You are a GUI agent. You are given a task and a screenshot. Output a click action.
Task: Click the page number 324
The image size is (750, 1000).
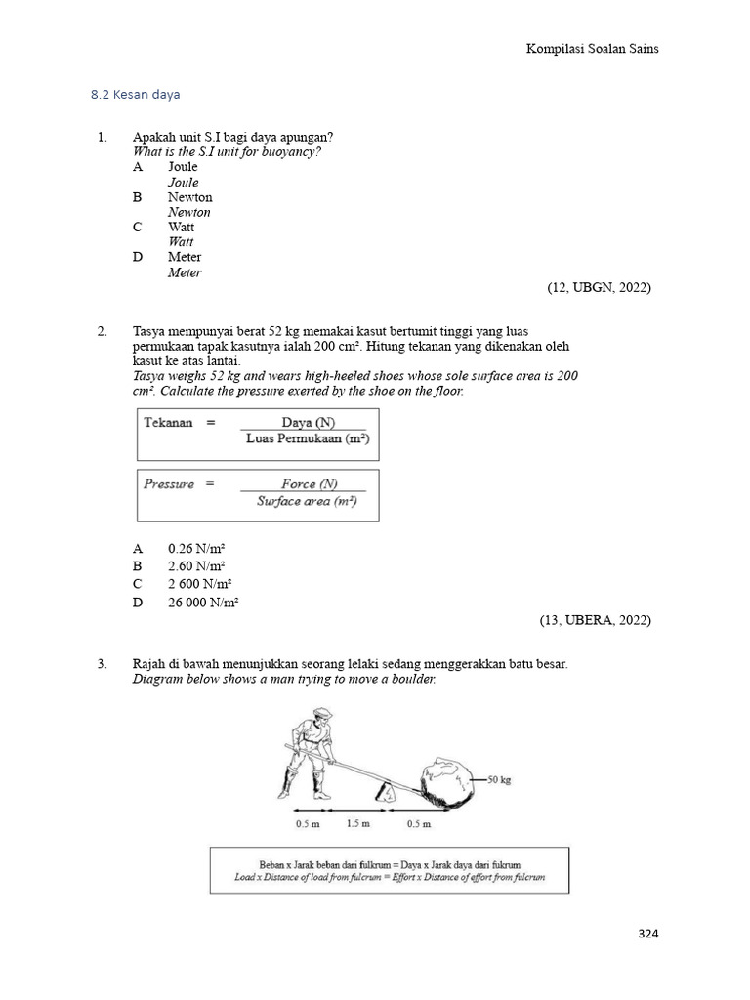[648, 934]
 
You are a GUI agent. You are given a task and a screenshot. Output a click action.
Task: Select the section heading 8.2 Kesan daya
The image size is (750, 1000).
[136, 95]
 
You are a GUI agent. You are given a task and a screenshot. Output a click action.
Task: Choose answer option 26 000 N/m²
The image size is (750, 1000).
[203, 603]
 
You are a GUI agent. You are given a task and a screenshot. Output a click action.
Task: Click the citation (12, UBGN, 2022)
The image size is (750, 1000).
[599, 287]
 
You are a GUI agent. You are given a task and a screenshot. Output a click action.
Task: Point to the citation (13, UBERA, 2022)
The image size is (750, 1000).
[595, 620]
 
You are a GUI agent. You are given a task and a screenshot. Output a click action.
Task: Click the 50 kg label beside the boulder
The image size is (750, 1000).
[501, 779]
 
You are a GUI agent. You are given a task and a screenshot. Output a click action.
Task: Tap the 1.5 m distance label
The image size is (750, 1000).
[358, 823]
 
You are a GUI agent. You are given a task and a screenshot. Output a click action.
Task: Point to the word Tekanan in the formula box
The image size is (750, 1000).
[169, 423]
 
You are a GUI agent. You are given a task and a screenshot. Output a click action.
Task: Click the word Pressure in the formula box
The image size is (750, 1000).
[169, 484]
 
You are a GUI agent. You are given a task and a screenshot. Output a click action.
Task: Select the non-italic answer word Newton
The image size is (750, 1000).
[189, 197]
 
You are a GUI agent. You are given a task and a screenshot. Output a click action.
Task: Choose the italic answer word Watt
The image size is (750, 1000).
[181, 242]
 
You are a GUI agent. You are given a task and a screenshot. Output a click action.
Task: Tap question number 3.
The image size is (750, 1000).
[102, 664]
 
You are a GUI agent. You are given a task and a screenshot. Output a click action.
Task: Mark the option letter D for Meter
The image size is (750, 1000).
[138, 257]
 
